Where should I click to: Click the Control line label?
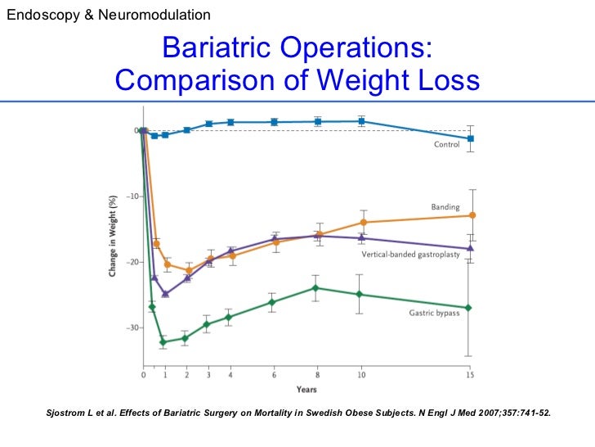(446, 145)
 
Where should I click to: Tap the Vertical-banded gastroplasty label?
(410, 255)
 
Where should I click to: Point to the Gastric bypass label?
(434, 314)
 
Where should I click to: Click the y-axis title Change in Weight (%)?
(113, 233)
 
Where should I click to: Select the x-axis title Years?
(306, 389)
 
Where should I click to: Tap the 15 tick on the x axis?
(470, 376)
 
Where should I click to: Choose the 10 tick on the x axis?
(360, 376)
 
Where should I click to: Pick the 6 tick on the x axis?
(274, 376)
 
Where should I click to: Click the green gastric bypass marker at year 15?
(469, 308)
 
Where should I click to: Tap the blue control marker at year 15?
(470, 138)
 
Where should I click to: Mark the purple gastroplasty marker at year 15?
(470, 248)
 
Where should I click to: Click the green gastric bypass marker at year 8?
(315, 287)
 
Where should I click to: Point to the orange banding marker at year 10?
(362, 223)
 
